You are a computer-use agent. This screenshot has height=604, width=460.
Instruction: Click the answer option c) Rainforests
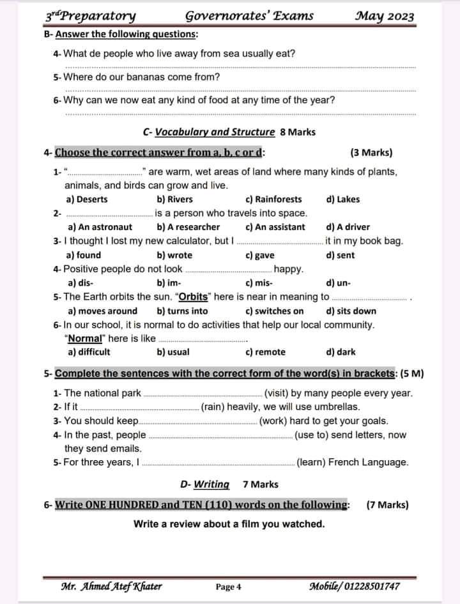click(273, 199)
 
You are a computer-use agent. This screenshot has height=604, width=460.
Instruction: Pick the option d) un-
click(338, 283)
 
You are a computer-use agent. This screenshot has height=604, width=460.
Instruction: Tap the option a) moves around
click(102, 311)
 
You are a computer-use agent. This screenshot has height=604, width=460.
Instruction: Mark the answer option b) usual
click(173, 352)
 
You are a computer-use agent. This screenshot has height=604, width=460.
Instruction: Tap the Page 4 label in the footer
click(228, 587)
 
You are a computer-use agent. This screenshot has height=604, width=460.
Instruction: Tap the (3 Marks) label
click(371, 153)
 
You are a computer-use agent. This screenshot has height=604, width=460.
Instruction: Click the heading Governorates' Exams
click(249, 16)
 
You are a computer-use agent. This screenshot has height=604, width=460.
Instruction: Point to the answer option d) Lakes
click(343, 199)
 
